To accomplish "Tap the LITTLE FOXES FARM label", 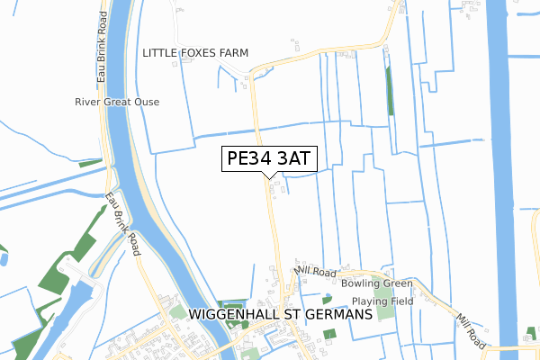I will tap(194, 53).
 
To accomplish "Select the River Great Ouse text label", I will tap(117, 102).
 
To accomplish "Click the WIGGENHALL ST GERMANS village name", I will tap(280, 315).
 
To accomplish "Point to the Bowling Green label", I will tap(376, 283).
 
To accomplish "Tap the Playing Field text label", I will tap(382, 301).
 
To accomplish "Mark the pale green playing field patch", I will tap(384, 312).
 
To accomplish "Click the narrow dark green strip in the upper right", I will tap(389, 90).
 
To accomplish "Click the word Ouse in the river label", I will tap(145, 102).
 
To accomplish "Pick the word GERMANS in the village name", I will tap(335, 315).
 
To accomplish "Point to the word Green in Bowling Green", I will tap(397, 283).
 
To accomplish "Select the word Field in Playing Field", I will tap(400, 301).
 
